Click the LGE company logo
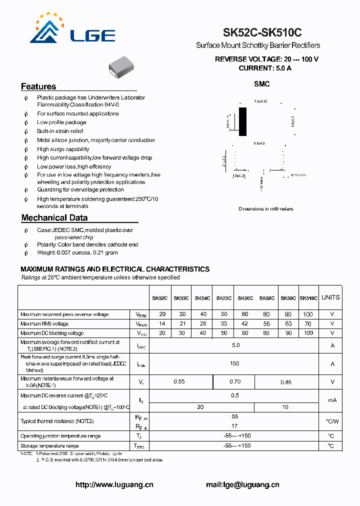[73, 30]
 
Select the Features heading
[38, 86]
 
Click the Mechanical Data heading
[54, 218]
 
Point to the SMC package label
[261, 84]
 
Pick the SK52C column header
[159, 298]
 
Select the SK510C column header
[309, 298]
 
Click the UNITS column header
[330, 297]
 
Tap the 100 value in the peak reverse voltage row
[308, 314]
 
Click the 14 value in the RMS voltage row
[162, 324]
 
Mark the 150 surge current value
[234, 363]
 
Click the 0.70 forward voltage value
[235, 381]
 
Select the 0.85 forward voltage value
[286, 382]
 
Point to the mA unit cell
[332, 400]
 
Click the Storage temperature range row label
[49, 445]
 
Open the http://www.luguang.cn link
[114, 484]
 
